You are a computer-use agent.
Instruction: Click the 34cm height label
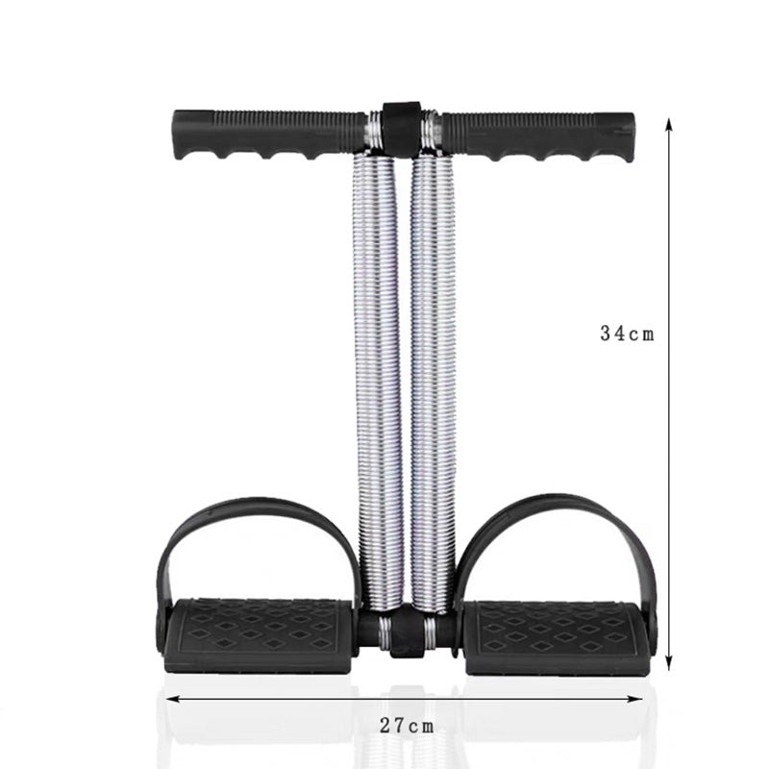coord(628,334)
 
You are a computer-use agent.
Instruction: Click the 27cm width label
coord(407,726)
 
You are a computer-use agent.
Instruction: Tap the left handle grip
coord(269,134)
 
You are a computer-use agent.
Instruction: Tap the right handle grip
coord(537,136)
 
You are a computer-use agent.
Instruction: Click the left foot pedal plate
coord(258,635)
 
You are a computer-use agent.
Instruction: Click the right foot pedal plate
coord(557,637)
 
